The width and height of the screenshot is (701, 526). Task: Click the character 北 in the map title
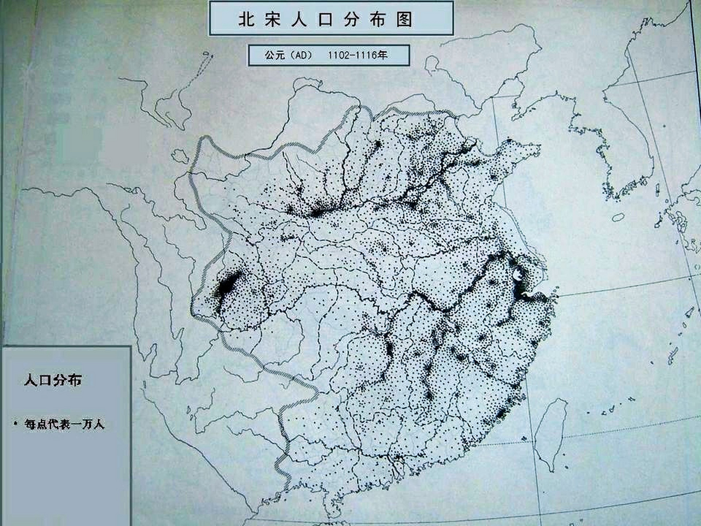[246, 19]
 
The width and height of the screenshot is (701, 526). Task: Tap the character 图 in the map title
[404, 19]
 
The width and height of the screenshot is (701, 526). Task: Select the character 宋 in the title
[272, 19]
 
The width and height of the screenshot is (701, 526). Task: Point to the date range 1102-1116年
[357, 55]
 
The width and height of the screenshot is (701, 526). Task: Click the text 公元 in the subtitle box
[274, 55]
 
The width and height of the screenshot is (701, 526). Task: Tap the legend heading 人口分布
[53, 380]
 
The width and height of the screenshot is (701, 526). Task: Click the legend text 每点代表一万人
[64, 424]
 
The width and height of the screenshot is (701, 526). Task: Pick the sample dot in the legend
[15, 422]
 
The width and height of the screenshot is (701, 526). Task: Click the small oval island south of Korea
[618, 217]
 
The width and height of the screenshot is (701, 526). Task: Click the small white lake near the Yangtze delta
[518, 274]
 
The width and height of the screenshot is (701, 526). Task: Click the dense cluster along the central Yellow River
[318, 212]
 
